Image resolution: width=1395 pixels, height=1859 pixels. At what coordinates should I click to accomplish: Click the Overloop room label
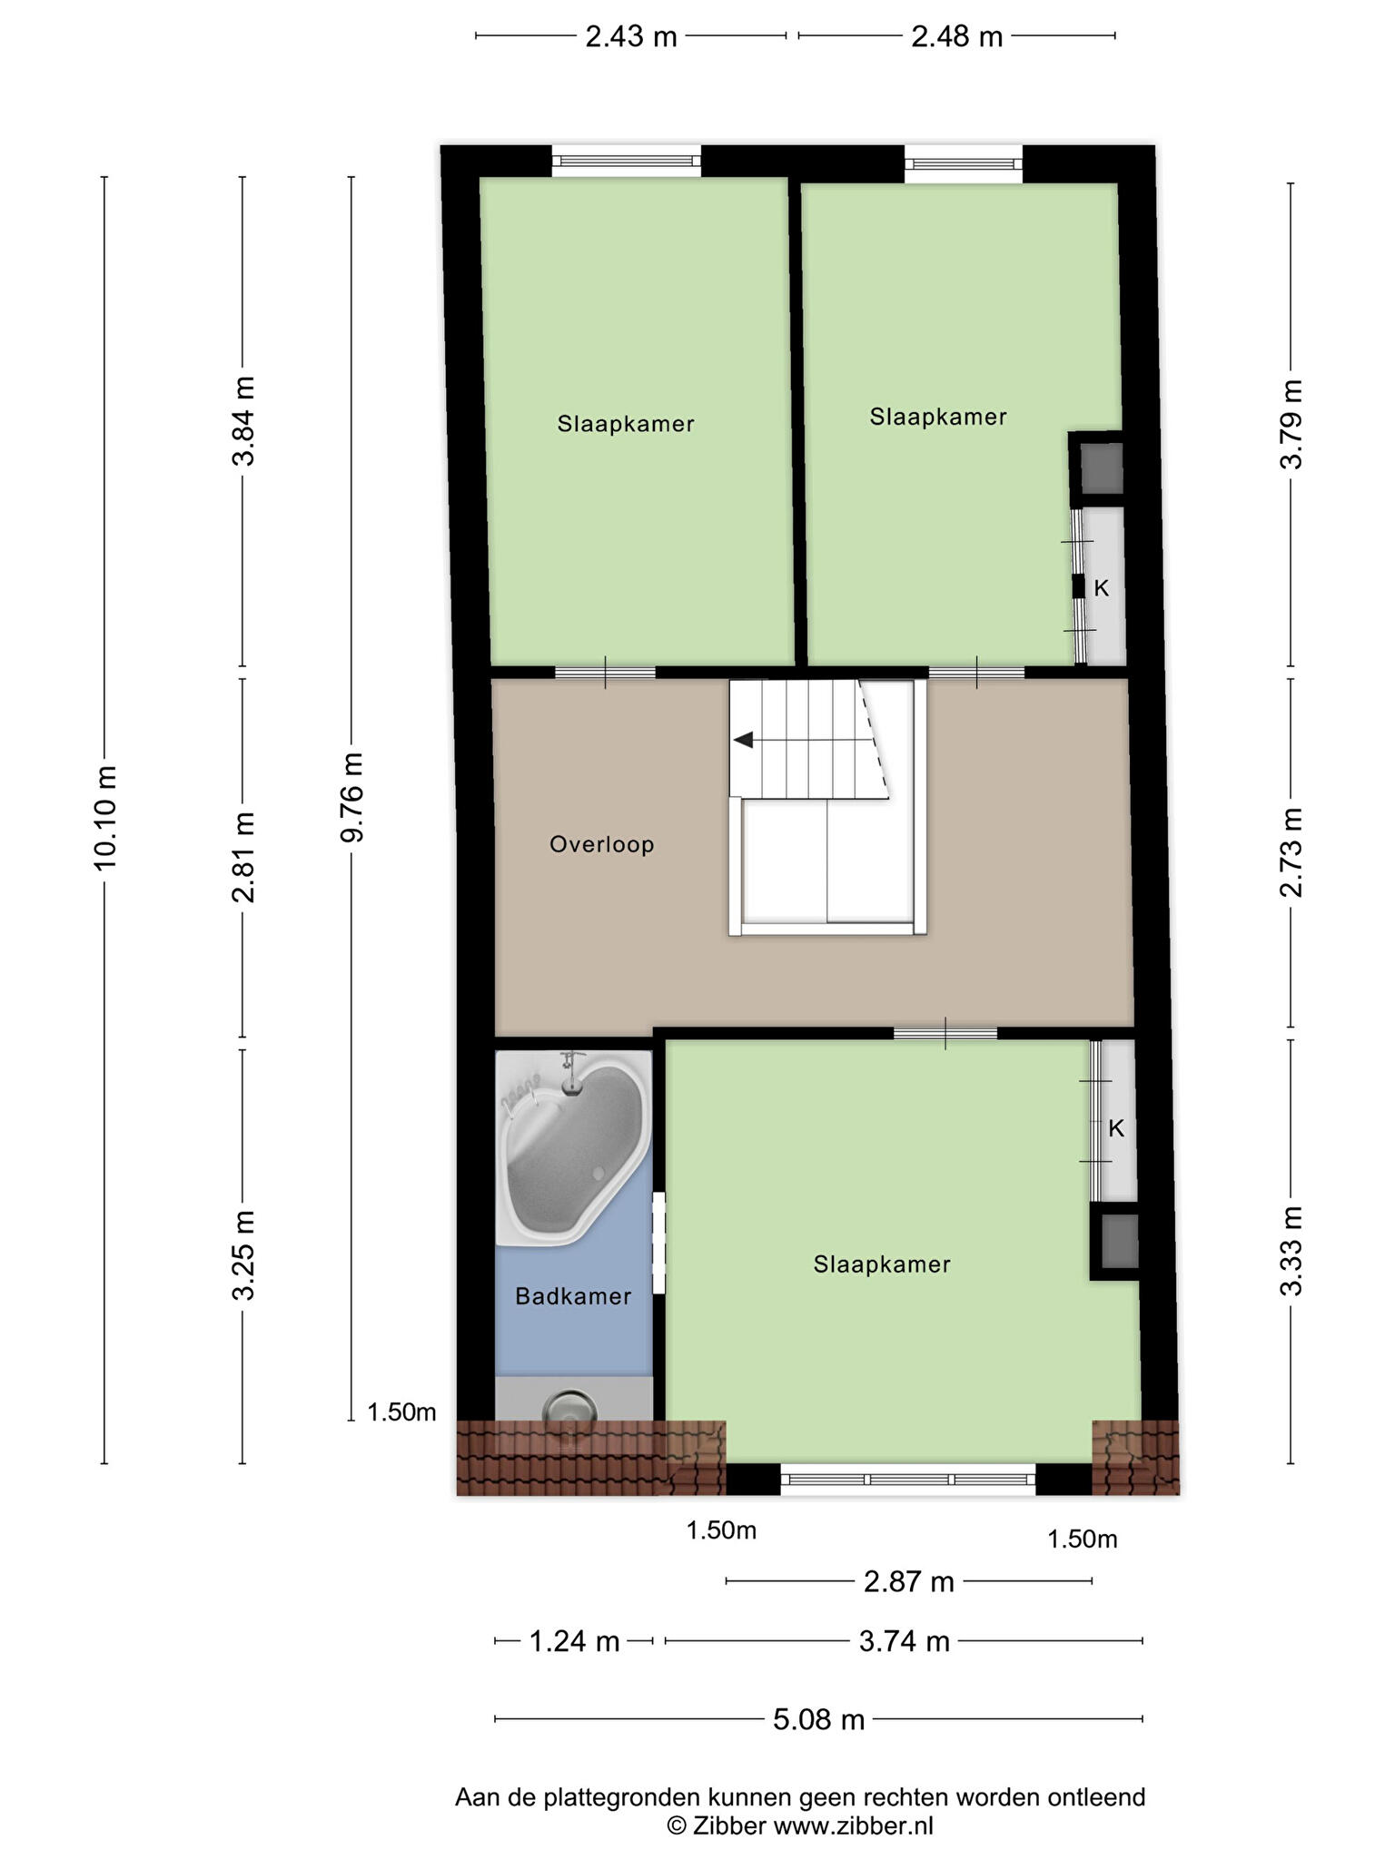click(601, 845)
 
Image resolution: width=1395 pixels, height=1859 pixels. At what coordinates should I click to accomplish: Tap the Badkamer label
click(573, 1296)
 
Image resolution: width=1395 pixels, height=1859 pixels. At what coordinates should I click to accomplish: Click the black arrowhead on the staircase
click(743, 740)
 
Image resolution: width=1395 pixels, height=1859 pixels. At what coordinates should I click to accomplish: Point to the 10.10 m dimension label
click(105, 817)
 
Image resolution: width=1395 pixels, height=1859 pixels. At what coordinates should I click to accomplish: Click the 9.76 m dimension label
click(351, 797)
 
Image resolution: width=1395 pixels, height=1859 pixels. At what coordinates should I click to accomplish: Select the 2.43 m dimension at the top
click(631, 36)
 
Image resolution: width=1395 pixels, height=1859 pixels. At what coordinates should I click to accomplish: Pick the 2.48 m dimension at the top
click(957, 36)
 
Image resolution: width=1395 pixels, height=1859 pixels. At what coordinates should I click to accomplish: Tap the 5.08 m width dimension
click(818, 1719)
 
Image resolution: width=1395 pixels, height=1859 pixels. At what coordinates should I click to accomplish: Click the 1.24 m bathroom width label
click(574, 1641)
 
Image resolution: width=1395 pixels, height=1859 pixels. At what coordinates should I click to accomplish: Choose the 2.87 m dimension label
click(908, 1581)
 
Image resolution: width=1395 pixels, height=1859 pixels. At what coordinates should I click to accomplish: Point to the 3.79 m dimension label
click(1291, 424)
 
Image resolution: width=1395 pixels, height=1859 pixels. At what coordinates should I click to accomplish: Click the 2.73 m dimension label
click(1291, 852)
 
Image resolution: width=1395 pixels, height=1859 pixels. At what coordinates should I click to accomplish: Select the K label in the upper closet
click(1101, 588)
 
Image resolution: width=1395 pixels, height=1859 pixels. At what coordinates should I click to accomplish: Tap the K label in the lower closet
click(1116, 1128)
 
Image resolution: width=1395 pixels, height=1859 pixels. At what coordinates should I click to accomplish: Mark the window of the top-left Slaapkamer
click(627, 162)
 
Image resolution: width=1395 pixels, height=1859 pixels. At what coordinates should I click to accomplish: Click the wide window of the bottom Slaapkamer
click(907, 1479)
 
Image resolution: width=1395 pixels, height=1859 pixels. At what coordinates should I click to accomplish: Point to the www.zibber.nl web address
click(853, 1825)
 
